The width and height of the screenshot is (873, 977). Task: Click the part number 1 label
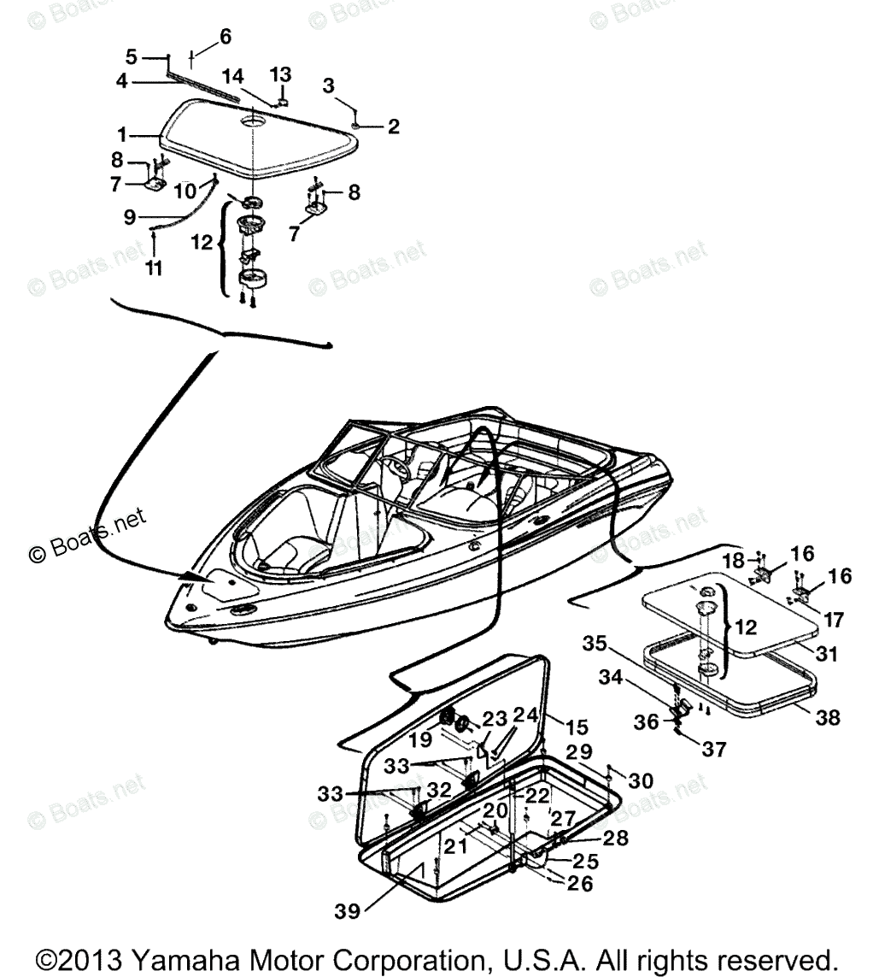point(122,134)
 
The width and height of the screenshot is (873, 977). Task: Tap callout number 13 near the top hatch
point(281,75)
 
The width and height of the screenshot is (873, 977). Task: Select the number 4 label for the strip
point(122,81)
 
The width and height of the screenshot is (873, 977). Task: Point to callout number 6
point(225,37)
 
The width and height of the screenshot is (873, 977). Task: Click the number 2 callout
point(393,127)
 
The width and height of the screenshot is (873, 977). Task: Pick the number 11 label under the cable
point(154,268)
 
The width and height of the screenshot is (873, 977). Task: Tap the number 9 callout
point(130,218)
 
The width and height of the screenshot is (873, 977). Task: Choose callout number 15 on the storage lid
point(577,727)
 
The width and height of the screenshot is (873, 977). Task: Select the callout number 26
point(580,884)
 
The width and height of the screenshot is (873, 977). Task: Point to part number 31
point(826,654)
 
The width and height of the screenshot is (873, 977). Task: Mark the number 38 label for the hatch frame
point(826,717)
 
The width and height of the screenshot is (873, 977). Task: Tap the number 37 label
point(714,750)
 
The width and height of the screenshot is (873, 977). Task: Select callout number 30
point(641,780)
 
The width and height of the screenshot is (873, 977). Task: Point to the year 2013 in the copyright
point(94,956)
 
